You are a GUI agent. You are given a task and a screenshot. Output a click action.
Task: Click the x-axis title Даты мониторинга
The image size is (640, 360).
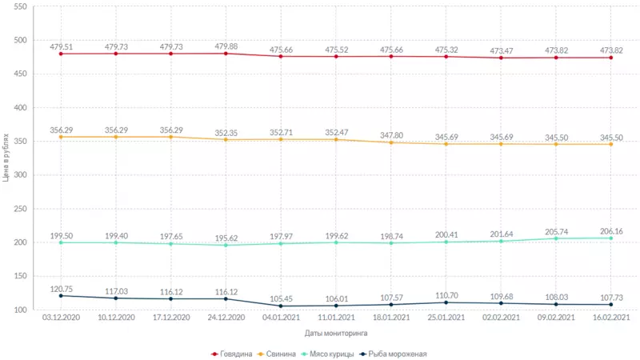click(337, 332)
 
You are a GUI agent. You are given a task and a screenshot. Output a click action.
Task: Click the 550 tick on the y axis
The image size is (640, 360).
click(21, 6)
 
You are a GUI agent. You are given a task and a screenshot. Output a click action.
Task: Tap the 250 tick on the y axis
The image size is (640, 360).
click(21, 209)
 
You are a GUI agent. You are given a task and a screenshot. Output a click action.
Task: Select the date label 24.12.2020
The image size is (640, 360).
click(226, 318)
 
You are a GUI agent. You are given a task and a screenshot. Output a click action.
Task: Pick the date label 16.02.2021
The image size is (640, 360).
click(611, 318)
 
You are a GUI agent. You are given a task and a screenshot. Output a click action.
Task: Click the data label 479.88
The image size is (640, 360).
click(226, 45)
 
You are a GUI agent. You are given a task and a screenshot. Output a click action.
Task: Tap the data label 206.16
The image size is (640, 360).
click(611, 230)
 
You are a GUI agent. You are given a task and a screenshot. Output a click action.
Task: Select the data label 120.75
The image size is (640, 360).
click(61, 288)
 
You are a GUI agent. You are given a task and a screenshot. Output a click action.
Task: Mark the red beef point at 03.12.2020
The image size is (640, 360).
click(61, 54)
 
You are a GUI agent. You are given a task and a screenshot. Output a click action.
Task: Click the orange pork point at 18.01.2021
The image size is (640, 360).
click(391, 142)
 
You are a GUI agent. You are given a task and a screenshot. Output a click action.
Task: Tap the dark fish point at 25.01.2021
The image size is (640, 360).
click(446, 302)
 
